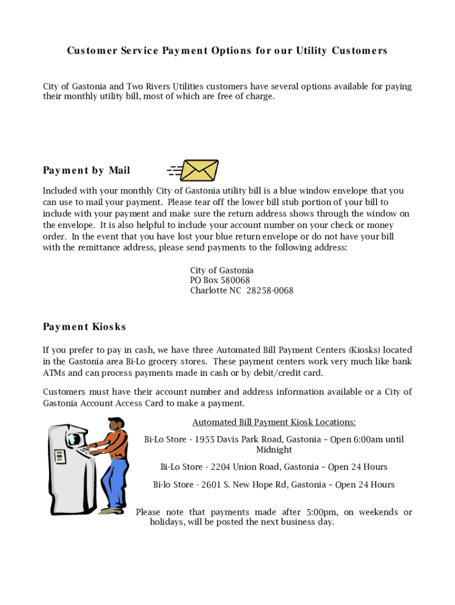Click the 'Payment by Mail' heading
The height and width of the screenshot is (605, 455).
click(x=86, y=171)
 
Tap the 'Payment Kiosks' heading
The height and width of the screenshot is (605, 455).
click(x=84, y=327)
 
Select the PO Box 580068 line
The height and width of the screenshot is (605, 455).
click(x=220, y=280)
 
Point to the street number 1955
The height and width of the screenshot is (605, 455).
click(x=204, y=440)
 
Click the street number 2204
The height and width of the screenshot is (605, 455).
click(x=220, y=467)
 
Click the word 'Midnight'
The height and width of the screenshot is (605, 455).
click(x=274, y=450)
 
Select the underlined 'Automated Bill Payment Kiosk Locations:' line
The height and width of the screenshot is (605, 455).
click(x=274, y=422)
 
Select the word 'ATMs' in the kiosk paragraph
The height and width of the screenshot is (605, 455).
click(x=53, y=373)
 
